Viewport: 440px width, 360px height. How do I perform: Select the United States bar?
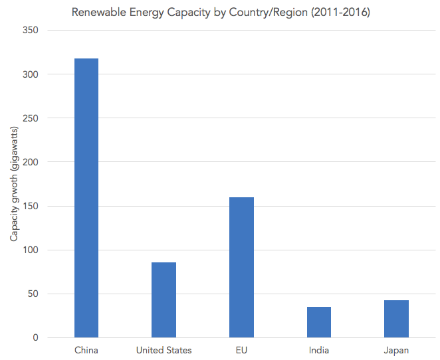[164, 300]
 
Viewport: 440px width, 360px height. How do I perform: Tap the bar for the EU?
[241, 267]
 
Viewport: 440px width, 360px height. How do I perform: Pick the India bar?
[319, 322]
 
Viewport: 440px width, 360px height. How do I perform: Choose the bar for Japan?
[396, 319]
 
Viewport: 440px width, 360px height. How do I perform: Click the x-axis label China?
[86, 350]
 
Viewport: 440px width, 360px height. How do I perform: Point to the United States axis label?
[164, 350]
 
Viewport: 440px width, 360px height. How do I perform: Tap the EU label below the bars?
[241, 350]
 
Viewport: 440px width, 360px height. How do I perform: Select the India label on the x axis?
[319, 350]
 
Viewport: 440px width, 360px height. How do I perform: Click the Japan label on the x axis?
[396, 350]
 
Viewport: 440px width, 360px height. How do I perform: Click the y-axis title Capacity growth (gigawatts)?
[15, 183]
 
